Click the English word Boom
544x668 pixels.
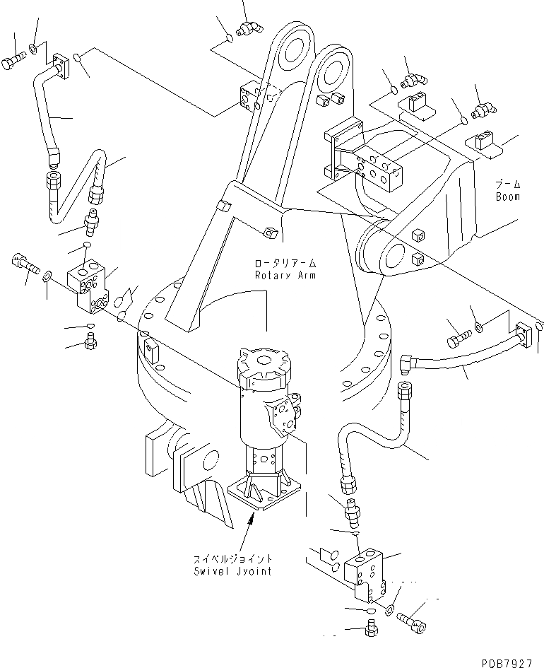coord(507,197)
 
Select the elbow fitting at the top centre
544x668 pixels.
coord(247,28)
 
